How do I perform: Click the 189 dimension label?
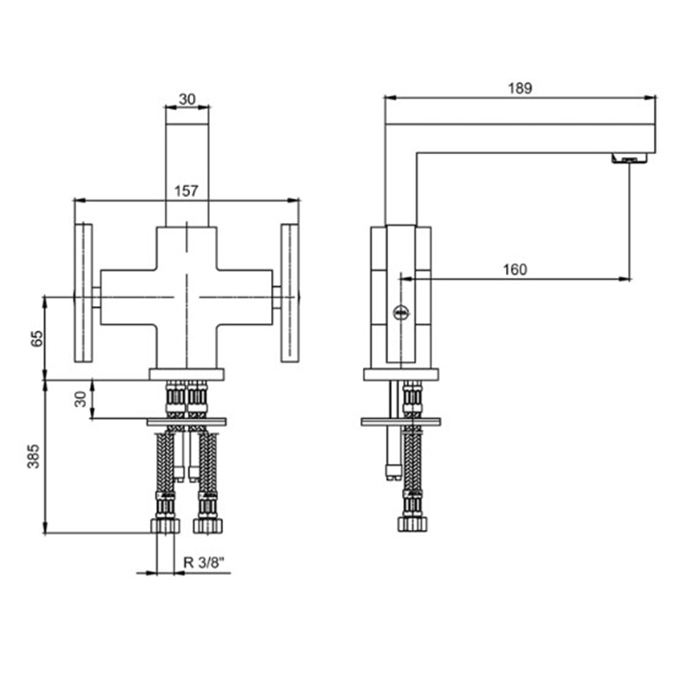pos(520,88)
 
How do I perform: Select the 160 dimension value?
pos(515,269)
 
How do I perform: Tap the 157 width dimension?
pos(186,191)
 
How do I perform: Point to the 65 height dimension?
pos(37,338)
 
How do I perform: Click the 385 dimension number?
pos(33,456)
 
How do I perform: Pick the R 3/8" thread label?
pos(204,562)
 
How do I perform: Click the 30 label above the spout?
pos(187,99)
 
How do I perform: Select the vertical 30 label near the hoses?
pos(80,399)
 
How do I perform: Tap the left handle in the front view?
pos(84,293)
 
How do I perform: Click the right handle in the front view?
pos(290,293)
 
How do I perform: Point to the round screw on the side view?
pos(401,313)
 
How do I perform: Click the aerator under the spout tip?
pos(630,158)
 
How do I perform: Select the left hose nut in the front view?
pos(165,526)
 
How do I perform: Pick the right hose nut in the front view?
pos(207,526)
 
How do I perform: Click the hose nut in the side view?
pos(413,524)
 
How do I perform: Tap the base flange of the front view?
pos(187,375)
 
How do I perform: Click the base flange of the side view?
pos(401,375)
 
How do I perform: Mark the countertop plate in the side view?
pos(401,422)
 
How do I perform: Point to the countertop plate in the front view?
pos(187,422)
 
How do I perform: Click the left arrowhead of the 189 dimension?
pos(390,97)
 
